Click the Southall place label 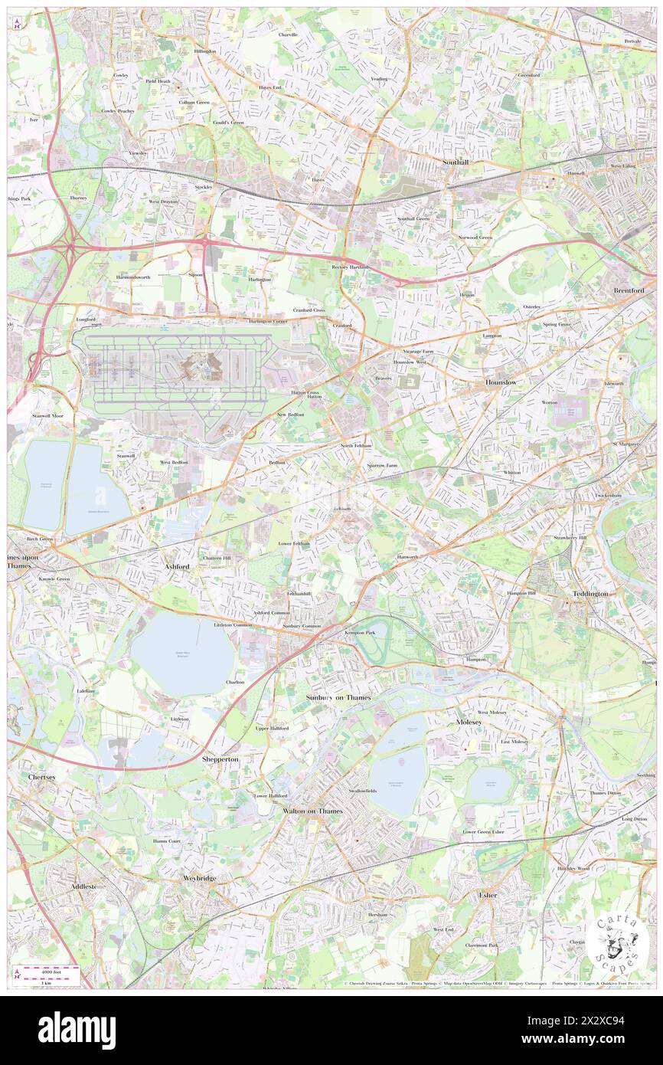[460, 163]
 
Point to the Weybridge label [199, 877]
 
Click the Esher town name [488, 895]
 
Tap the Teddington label [590, 594]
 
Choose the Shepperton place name [220, 759]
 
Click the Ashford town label [176, 566]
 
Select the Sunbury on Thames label [338, 697]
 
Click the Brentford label [629, 292]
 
